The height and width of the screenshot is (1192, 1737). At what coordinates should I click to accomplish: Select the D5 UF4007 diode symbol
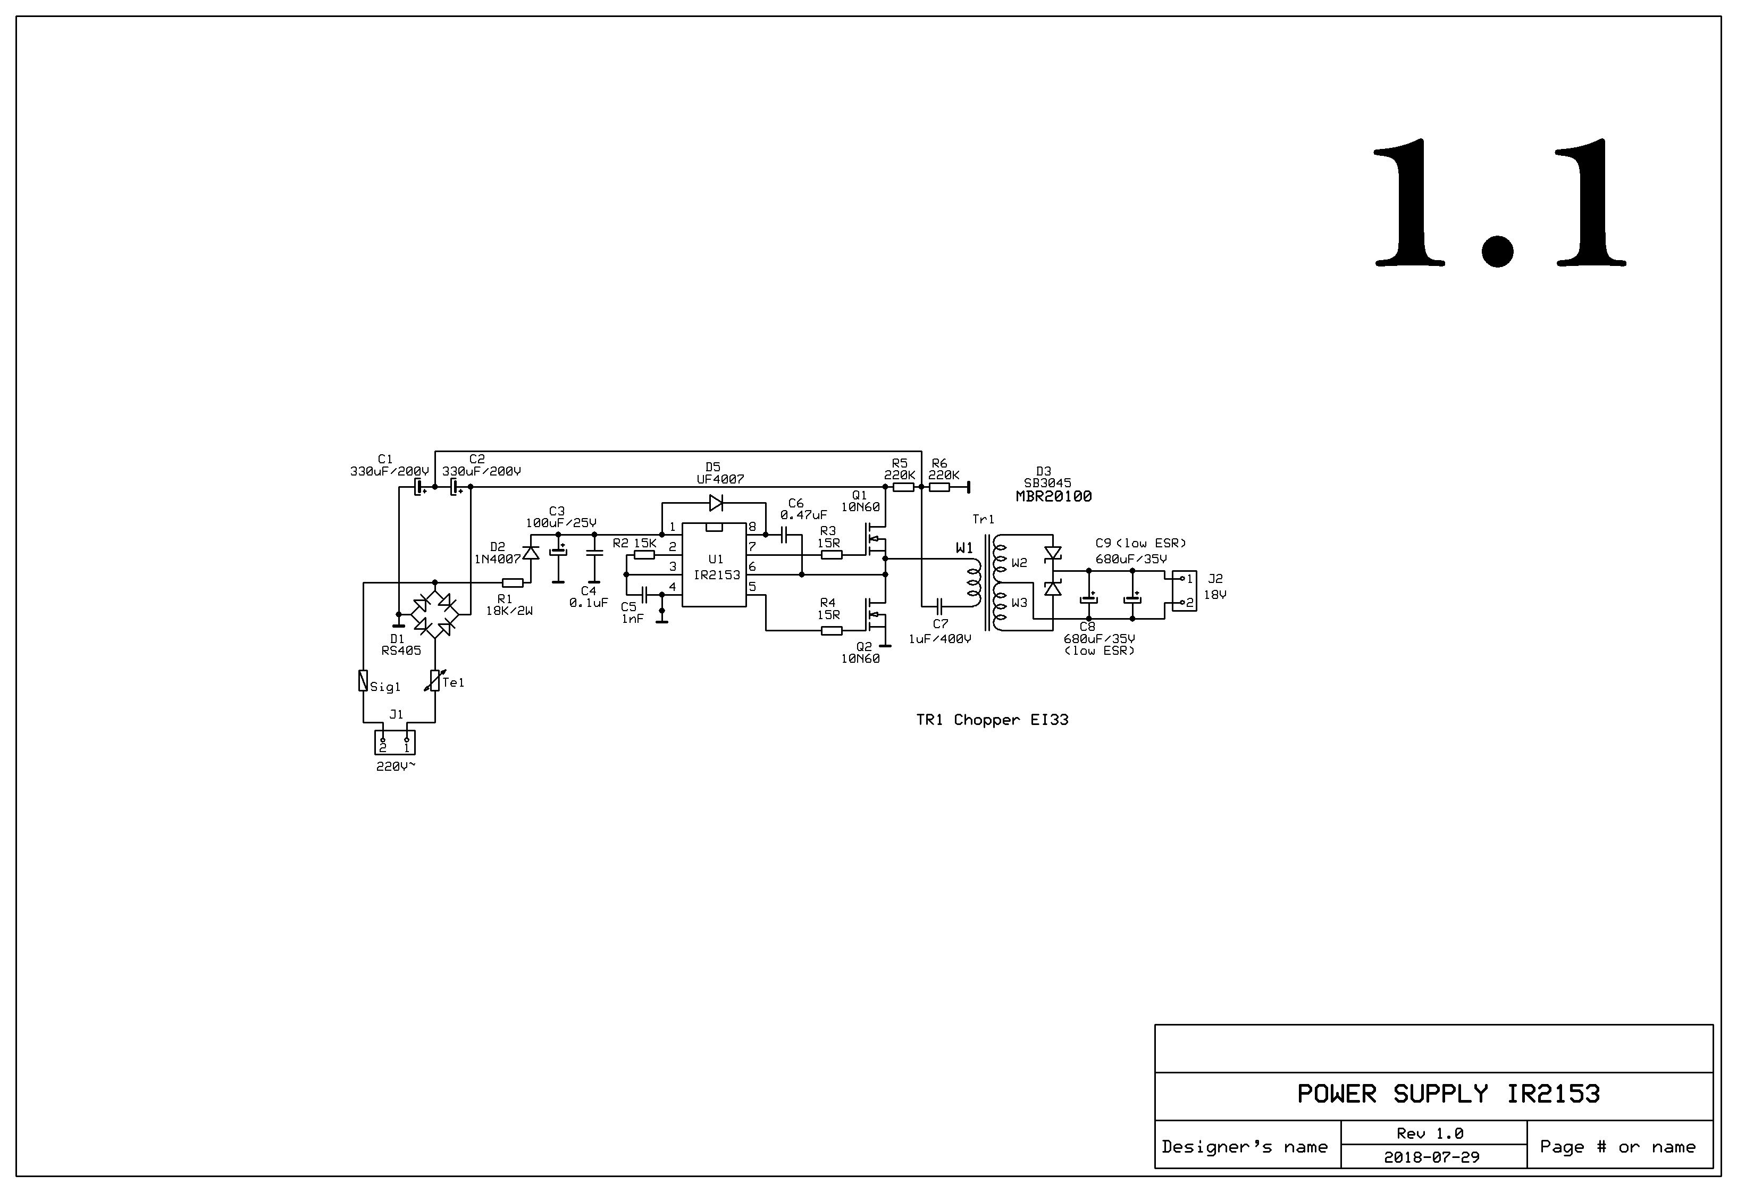coord(716,503)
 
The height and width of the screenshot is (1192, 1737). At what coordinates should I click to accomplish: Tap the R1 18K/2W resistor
coord(512,582)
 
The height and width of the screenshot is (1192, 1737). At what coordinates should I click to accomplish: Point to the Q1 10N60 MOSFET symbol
coord(875,540)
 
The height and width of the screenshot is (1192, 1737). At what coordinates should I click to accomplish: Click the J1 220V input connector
coord(395,743)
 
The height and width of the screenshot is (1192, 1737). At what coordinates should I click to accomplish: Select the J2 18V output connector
coord(1184,591)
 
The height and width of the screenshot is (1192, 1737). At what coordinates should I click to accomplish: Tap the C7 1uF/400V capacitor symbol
coord(940,604)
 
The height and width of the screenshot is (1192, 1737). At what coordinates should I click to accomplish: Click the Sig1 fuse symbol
coord(363,681)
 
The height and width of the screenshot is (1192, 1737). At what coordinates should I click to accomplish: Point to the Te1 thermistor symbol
coord(435,681)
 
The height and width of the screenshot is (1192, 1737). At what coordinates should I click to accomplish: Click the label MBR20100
coord(1053,497)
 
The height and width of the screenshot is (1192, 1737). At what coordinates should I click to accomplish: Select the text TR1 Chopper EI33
coord(992,720)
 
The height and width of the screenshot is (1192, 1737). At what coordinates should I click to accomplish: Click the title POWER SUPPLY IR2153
coord(1448,1094)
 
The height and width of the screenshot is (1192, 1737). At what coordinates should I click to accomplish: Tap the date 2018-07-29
coord(1431,1157)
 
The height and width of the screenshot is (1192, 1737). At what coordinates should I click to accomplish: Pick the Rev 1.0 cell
coord(1430,1133)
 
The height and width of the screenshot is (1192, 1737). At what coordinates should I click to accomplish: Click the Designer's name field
coord(1245,1146)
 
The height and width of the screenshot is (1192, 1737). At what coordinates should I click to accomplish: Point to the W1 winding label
coord(964,548)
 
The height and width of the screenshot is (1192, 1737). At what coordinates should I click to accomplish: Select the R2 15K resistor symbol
coord(644,555)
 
